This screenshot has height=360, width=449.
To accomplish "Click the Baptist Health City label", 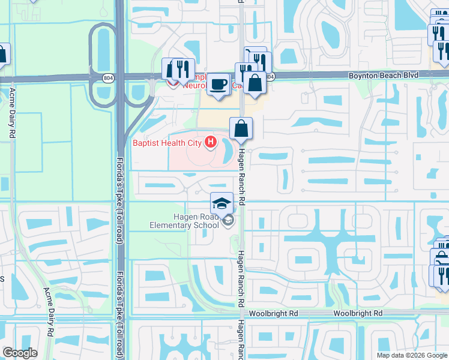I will click(168, 143).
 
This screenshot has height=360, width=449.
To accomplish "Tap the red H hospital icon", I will click(210, 142).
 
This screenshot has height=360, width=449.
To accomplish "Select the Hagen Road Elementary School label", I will click(184, 221).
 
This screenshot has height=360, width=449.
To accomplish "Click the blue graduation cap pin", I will click(221, 202).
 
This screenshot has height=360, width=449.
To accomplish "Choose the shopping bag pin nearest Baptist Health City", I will click(241, 128).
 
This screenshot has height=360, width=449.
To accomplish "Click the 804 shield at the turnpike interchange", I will click(107, 77).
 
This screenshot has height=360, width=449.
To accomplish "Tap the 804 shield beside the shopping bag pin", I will click(270, 77).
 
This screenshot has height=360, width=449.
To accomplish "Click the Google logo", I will click(20, 353).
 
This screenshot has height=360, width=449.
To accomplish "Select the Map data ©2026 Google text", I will click(411, 355).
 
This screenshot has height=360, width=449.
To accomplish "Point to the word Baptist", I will click(146, 143).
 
